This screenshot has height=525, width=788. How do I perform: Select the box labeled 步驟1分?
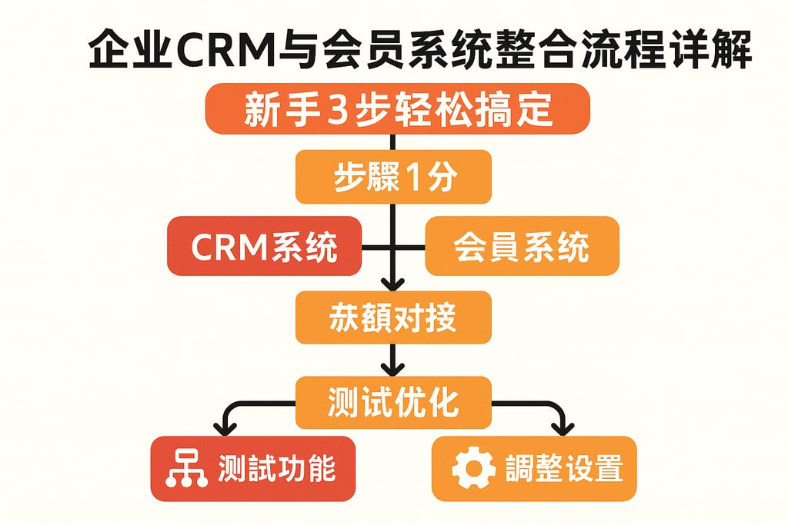(x=393, y=177)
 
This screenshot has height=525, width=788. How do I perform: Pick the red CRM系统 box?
(x=264, y=247)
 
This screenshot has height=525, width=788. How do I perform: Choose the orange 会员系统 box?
(x=522, y=247)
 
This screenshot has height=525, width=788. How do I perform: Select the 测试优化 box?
(x=393, y=401)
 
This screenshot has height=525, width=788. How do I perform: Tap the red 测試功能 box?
(x=253, y=468)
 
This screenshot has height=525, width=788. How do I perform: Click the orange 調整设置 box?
(x=534, y=468)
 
